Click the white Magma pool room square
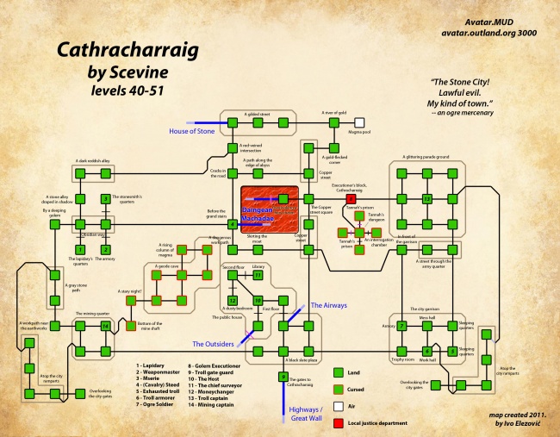[x=359, y=123]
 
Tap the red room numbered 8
[x=351, y=198]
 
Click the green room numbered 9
[x=283, y=377]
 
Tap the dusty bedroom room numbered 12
[x=233, y=300]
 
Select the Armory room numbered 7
[x=401, y=326]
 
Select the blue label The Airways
[x=327, y=306]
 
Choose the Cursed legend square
[x=337, y=387]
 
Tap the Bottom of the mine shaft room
[x=130, y=326]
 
